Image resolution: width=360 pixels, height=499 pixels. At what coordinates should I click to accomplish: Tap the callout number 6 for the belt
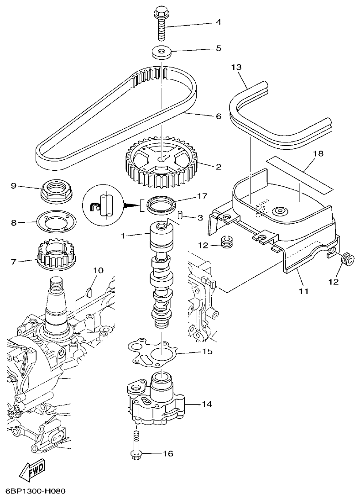[x=218, y=116]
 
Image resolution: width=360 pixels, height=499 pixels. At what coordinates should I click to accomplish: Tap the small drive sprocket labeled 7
[x=55, y=258]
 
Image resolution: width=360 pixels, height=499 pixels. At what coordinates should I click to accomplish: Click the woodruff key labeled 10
[x=89, y=289]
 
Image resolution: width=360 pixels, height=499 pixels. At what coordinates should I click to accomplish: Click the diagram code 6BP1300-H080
[x=36, y=492]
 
